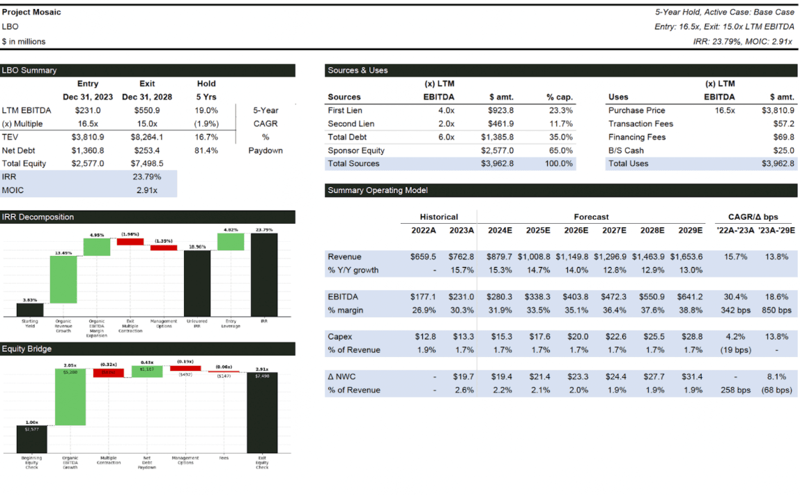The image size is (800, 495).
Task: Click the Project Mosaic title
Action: tap(31, 13)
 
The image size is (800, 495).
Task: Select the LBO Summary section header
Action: tap(29, 70)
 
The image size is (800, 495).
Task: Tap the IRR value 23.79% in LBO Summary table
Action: tap(146, 177)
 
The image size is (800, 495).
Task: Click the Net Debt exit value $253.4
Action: tap(146, 150)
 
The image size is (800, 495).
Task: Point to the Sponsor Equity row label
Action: tap(356, 150)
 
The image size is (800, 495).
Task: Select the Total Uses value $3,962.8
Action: tap(778, 163)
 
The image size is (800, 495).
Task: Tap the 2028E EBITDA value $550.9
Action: tap(651, 297)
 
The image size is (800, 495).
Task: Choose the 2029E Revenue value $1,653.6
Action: tap(686, 257)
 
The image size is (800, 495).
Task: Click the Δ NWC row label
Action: tap(341, 376)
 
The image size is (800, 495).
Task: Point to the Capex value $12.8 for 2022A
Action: tap(425, 337)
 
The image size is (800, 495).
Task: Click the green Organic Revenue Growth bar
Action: tap(63, 279)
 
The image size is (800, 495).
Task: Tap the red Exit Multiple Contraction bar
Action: tap(130, 241)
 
